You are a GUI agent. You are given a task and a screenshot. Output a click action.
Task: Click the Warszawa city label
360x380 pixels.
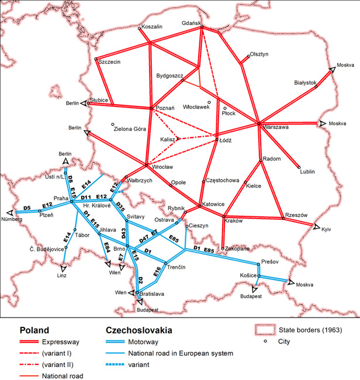[275, 129]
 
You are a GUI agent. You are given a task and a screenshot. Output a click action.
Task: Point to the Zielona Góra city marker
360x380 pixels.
[112, 124]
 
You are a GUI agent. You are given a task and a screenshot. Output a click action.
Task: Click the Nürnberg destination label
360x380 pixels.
[12, 219]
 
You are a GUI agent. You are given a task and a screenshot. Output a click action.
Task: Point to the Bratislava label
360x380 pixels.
[151, 293]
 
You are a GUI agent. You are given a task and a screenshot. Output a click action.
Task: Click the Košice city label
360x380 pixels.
[249, 274]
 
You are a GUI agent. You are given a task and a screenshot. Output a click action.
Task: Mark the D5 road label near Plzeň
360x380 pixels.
[27, 208]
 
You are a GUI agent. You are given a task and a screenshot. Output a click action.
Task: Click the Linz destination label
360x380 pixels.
[63, 275]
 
